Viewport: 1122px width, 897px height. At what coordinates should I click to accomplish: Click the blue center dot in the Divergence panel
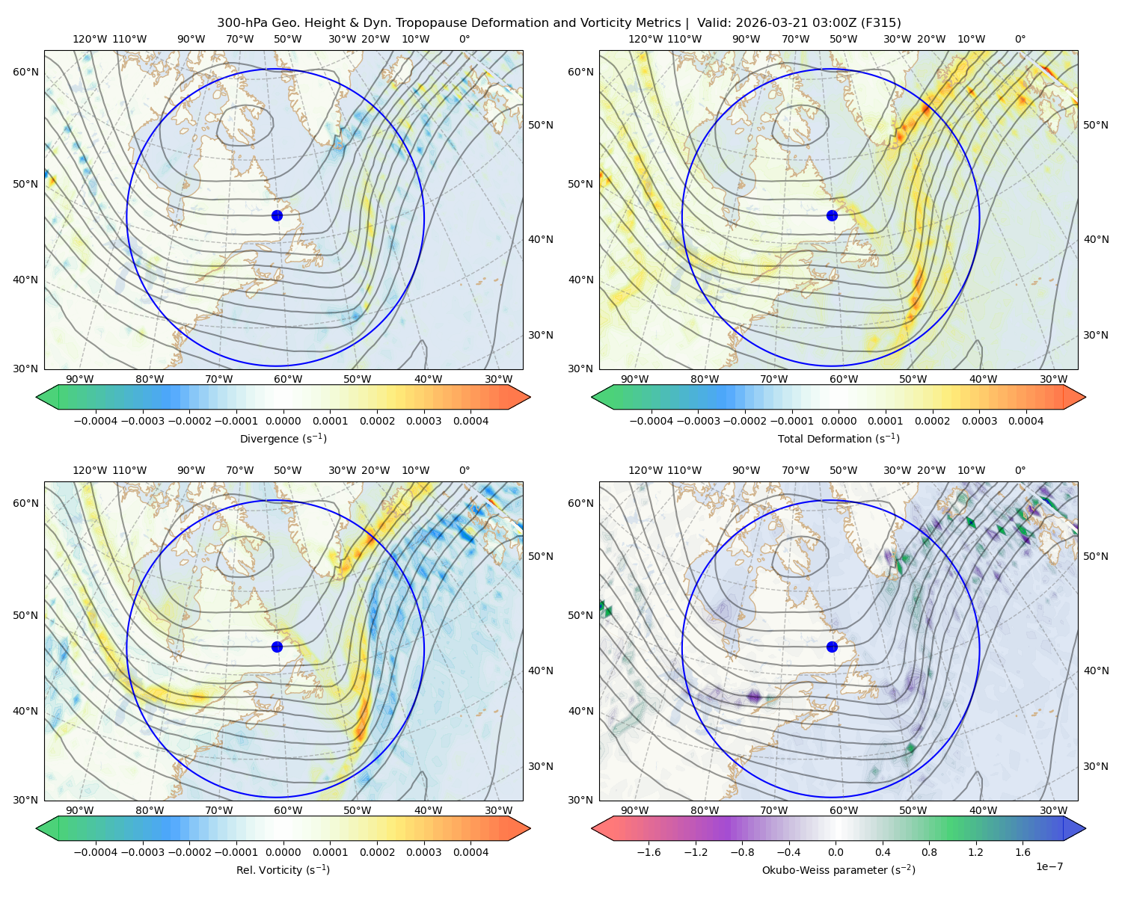277,216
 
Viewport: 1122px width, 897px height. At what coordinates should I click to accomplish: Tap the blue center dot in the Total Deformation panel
832,216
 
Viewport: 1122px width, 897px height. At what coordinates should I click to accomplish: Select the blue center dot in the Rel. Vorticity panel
277,647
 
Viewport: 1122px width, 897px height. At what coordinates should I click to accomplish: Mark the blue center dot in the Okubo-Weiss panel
832,647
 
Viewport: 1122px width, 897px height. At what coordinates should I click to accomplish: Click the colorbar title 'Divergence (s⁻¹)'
283,438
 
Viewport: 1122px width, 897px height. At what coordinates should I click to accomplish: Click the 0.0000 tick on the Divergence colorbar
283,421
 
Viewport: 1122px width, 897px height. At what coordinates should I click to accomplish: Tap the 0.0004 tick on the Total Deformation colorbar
1026,421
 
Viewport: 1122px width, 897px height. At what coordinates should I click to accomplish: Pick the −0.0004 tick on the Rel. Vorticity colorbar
96,852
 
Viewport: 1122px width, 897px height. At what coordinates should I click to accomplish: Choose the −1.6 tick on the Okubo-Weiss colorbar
649,852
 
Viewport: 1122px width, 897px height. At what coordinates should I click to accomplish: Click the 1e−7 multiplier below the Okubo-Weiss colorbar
1049,866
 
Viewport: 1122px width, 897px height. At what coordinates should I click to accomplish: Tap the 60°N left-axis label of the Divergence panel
25,72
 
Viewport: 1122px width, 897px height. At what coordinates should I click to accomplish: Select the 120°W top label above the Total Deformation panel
646,39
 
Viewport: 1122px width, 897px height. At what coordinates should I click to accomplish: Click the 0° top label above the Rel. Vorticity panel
465,470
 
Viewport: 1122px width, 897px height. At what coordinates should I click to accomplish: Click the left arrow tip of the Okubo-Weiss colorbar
592,828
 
